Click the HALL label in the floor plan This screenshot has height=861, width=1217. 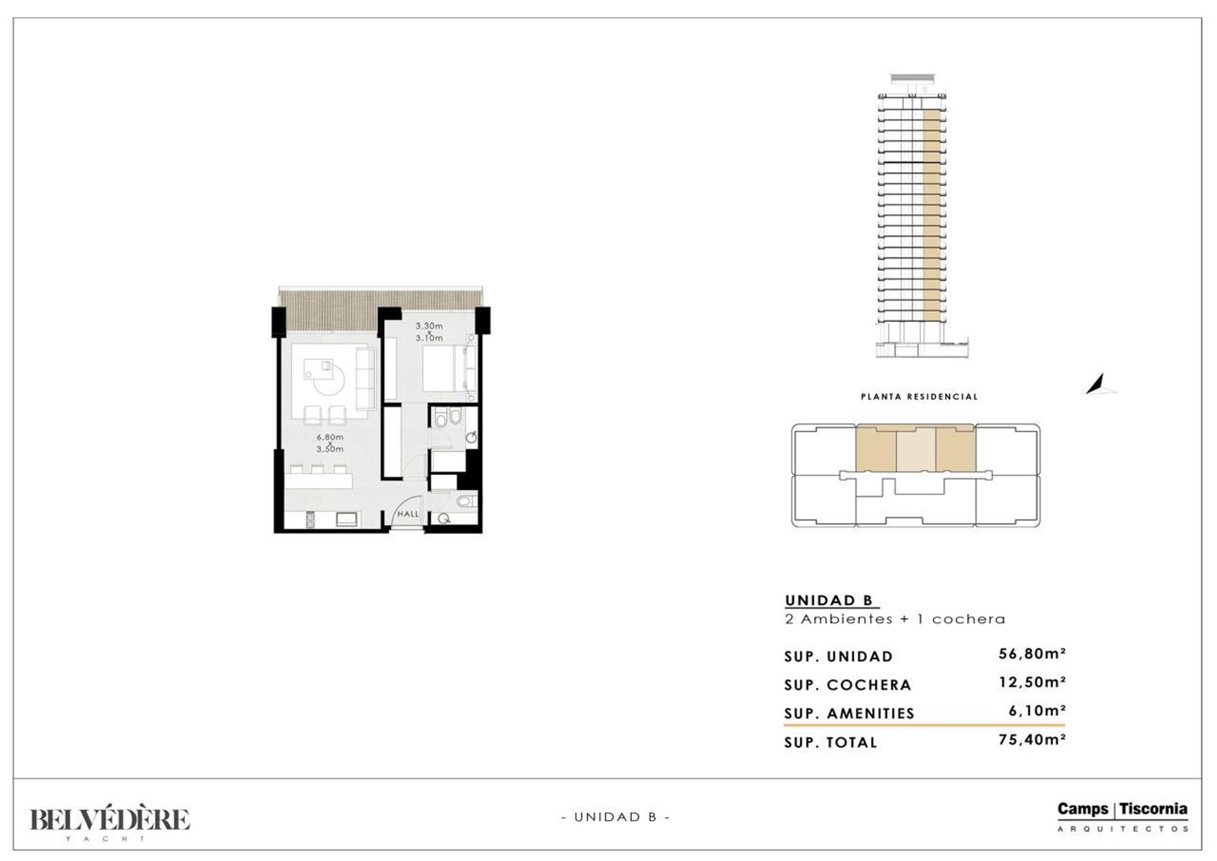tap(408, 514)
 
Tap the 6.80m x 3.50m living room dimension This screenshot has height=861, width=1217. tap(330, 443)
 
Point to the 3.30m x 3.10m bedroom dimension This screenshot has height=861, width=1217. tap(429, 332)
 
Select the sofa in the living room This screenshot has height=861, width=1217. tap(366, 379)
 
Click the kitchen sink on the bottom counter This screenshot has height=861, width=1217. tap(347, 519)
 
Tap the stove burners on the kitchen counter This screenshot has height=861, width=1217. tap(311, 519)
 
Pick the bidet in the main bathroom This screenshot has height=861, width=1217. tap(456, 418)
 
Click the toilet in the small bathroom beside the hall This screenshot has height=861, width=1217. tap(465, 502)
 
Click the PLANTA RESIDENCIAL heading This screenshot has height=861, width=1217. tap(920, 397)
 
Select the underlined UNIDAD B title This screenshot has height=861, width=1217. tap(829, 600)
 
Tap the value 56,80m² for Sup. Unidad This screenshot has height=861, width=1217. tap(1032, 654)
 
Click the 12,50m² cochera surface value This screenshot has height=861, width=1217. tap(1032, 682)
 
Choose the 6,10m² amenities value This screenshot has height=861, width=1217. tap(1037, 711)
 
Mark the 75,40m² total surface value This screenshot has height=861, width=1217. tap(1032, 739)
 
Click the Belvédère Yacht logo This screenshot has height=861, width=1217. tap(110, 823)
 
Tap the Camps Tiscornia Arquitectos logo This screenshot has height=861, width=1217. tap(1123, 817)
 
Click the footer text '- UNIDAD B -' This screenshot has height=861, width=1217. tap(615, 817)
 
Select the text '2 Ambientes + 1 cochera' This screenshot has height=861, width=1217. tap(895, 619)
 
